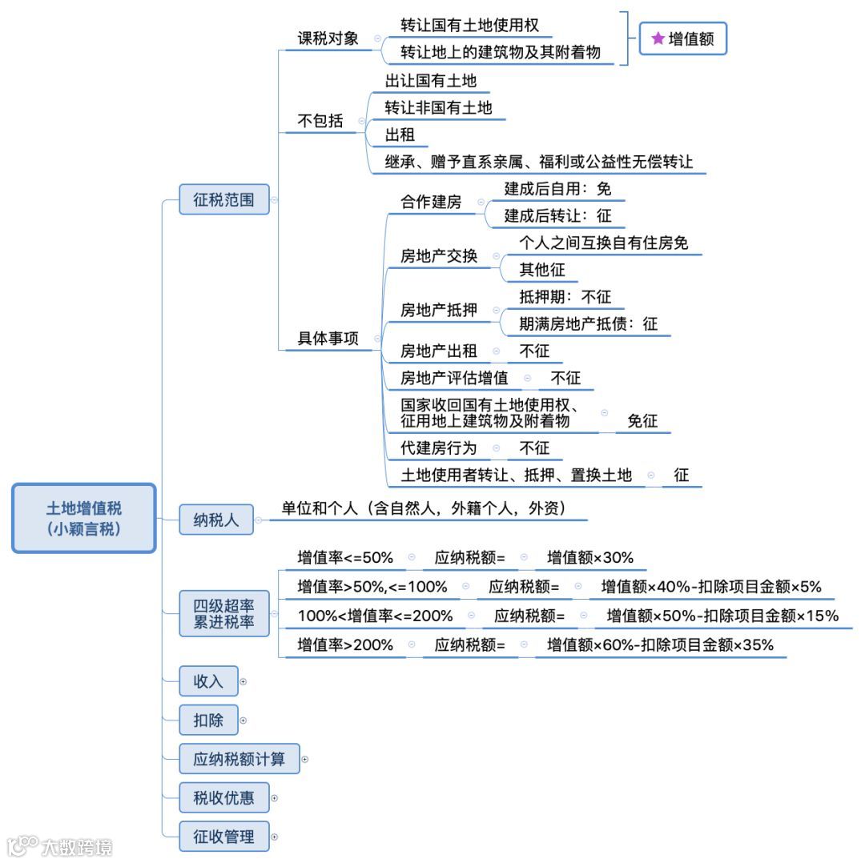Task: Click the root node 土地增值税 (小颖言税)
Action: click(x=84, y=518)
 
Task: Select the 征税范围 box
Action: click(x=223, y=200)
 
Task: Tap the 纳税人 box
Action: click(x=215, y=520)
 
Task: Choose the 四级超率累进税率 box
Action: click(x=223, y=613)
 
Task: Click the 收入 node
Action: click(x=208, y=681)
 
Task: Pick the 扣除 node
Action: click(x=208, y=721)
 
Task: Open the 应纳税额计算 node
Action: click(x=239, y=758)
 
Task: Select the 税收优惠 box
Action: click(x=223, y=797)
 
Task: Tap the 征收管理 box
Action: click(x=223, y=837)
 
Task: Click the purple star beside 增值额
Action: click(x=658, y=38)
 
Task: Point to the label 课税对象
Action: click(x=328, y=38)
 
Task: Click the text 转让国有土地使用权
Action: click(x=470, y=25)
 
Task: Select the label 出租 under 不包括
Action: click(x=400, y=134)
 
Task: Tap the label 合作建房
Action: click(x=431, y=202)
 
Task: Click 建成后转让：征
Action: click(x=557, y=215)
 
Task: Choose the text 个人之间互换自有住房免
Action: click(x=603, y=243)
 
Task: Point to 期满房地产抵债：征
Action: click(x=588, y=323)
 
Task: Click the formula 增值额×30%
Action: click(x=590, y=557)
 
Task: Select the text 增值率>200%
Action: click(x=345, y=644)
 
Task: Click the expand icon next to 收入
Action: click(x=243, y=682)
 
